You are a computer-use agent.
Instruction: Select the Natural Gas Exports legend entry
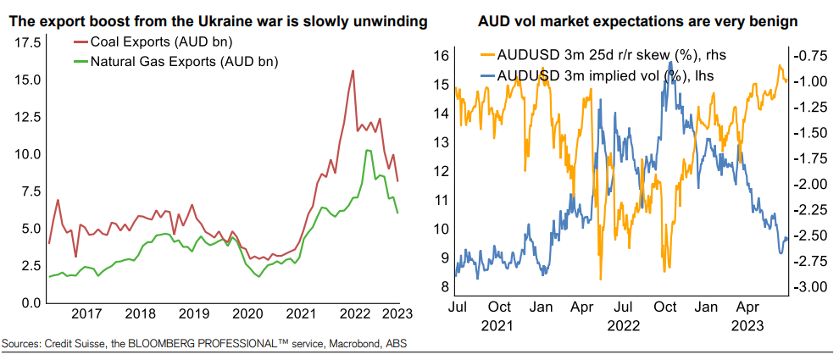176,61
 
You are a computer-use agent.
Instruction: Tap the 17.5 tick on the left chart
25,42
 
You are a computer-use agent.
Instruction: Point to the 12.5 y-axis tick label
25,117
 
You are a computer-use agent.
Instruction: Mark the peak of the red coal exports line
352,70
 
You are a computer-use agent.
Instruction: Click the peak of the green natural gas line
368,150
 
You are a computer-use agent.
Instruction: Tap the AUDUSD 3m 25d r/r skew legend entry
607,55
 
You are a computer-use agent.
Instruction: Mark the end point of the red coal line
397,181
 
